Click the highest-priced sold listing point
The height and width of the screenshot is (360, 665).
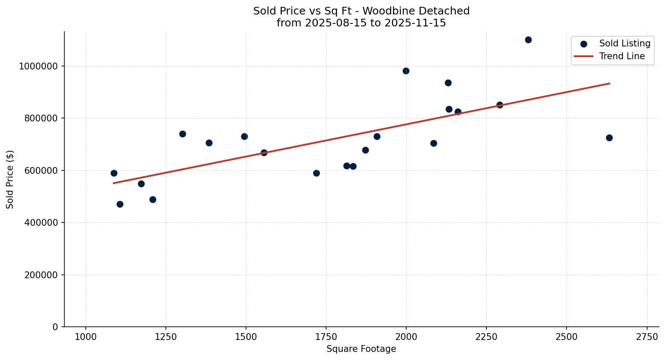pos(528,40)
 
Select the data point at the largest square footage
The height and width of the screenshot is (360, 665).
pos(609,138)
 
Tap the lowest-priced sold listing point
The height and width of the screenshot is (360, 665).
pos(120,204)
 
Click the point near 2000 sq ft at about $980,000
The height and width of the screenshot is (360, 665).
pos(406,71)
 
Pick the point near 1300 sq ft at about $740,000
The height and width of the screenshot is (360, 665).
pos(182,134)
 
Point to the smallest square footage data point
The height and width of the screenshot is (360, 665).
pos(114,173)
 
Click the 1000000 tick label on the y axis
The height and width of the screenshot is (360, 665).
pos(38,66)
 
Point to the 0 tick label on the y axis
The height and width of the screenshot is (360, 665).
pos(55,327)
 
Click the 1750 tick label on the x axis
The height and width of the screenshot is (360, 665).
pos(326,337)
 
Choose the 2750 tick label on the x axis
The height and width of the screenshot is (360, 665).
pos(647,337)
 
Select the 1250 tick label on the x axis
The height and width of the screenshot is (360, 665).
pos(166,337)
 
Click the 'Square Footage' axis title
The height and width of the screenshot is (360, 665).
pos(361,349)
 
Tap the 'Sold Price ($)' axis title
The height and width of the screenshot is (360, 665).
pos(10,179)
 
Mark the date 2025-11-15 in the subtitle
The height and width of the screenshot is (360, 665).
pos(415,23)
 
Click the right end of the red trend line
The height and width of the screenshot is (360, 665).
pos(610,83)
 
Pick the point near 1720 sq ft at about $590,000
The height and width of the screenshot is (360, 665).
pos(316,173)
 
